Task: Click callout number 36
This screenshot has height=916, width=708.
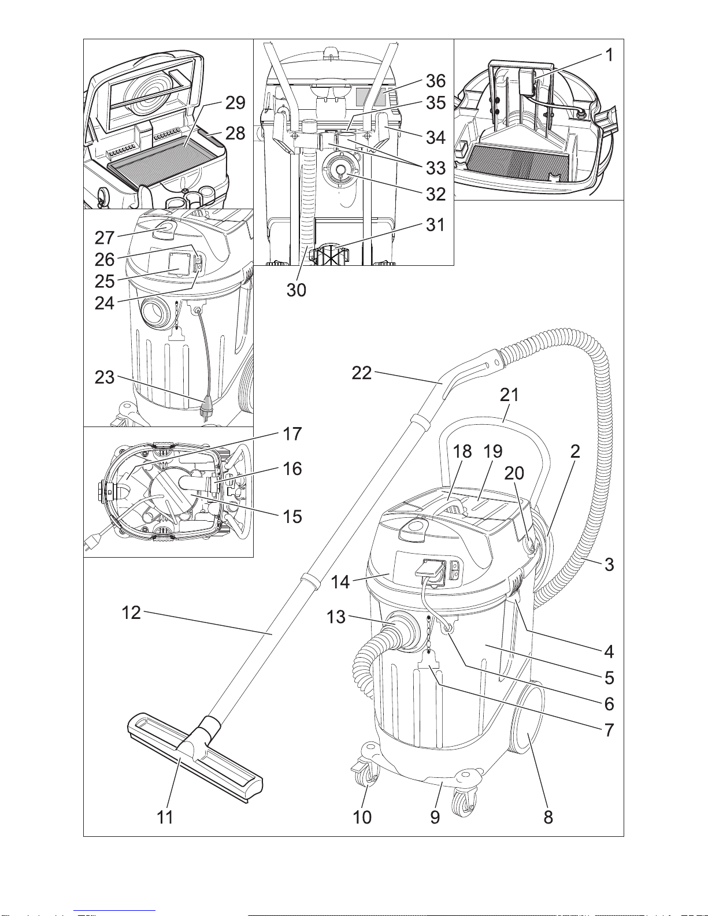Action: tap(436, 81)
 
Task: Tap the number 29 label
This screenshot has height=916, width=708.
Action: tap(235, 103)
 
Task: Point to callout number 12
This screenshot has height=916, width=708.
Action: tap(131, 613)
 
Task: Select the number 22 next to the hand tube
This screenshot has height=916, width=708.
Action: tap(362, 373)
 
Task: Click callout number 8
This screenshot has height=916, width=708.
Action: tap(548, 817)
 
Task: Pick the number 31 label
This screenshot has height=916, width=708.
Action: tap(435, 225)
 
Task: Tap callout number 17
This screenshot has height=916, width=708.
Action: tap(292, 434)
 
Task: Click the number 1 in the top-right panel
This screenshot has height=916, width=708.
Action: tap(609, 55)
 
